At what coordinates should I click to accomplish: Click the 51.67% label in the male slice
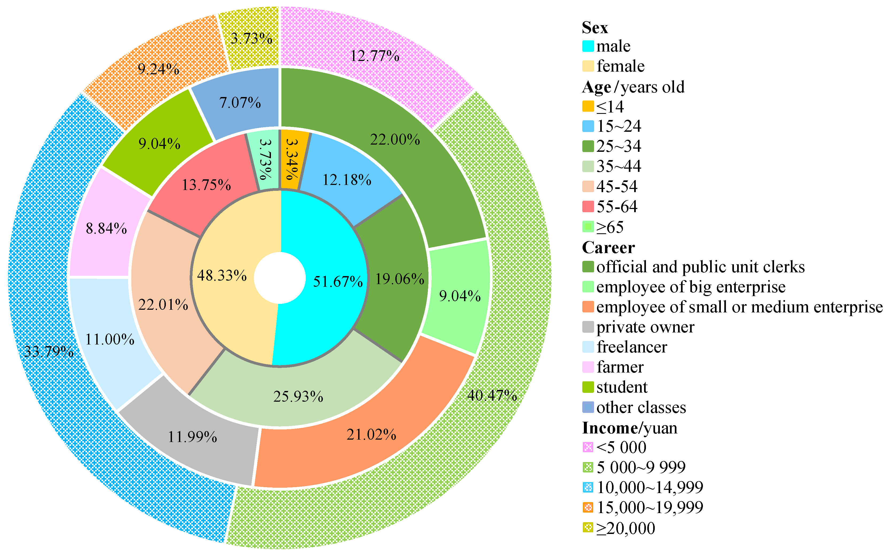[338, 282]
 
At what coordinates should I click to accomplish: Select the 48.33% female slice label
[222, 275]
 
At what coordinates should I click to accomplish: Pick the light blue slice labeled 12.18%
[347, 180]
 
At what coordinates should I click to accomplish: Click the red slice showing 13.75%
[206, 185]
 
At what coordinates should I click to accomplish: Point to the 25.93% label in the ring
[298, 397]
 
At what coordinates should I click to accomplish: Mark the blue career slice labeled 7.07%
[240, 102]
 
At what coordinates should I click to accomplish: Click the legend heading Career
[608, 247]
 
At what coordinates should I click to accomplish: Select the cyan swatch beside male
[588, 46]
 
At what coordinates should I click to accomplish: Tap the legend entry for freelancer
[631, 347]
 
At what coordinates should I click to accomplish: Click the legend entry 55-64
[617, 206]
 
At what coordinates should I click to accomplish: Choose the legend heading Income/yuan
[630, 428]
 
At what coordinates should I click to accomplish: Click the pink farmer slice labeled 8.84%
[106, 228]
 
